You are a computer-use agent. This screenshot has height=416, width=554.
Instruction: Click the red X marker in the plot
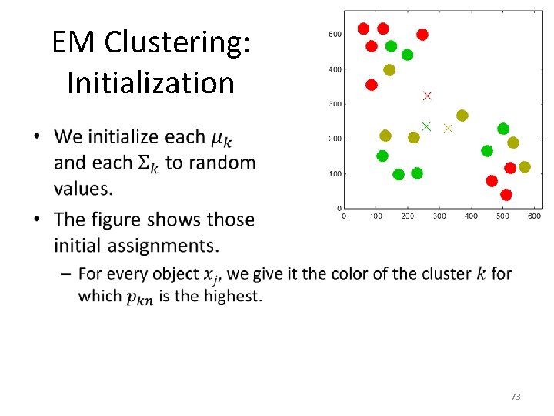click(x=427, y=96)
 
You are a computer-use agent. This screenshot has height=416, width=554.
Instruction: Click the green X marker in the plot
click(x=426, y=126)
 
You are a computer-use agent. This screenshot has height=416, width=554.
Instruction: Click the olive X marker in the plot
click(x=448, y=129)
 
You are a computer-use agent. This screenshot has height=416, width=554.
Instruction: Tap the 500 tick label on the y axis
click(x=335, y=34)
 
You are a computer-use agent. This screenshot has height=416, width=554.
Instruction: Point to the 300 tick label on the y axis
click(x=335, y=104)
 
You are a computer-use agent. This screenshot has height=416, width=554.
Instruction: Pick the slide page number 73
click(x=516, y=397)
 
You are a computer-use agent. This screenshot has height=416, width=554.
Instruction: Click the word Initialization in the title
click(x=151, y=82)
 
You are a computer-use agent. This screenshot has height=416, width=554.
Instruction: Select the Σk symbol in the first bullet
click(x=149, y=164)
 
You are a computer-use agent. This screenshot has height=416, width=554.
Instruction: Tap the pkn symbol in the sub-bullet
click(x=139, y=298)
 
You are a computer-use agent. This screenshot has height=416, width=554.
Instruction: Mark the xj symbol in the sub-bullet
click(x=212, y=275)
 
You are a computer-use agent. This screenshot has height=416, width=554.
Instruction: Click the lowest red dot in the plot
click(x=506, y=195)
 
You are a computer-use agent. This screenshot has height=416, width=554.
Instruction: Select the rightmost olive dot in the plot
click(x=525, y=167)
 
